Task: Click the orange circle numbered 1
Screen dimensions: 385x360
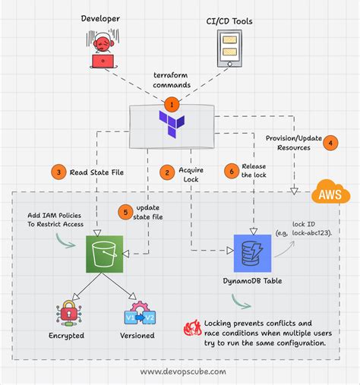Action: pos(173,103)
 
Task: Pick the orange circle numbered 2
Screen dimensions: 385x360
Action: pos(165,172)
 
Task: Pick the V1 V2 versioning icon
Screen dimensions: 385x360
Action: pos(138,314)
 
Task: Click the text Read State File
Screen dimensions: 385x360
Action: pos(96,172)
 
